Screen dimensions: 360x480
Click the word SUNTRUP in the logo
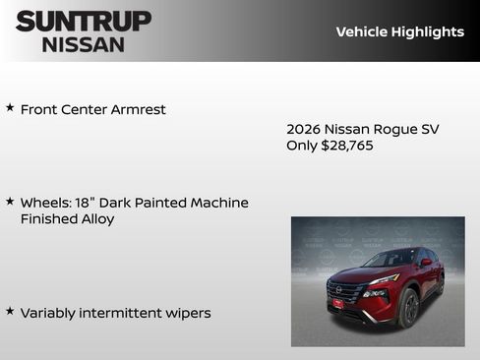pos(84,21)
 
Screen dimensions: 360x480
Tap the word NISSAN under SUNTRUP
pos(84,44)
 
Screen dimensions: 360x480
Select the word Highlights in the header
pos(428,31)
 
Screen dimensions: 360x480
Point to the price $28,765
pos(347,146)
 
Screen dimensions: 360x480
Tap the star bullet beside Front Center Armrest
pos(10,107)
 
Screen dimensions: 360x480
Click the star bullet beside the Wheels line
pos(10,201)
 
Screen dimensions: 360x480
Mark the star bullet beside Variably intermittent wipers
pos(10,311)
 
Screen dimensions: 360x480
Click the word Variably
pos(48,313)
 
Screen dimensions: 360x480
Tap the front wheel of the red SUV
pos(408,308)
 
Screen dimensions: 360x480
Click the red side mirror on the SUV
pos(425,264)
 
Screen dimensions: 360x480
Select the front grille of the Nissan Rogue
pos(345,292)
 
